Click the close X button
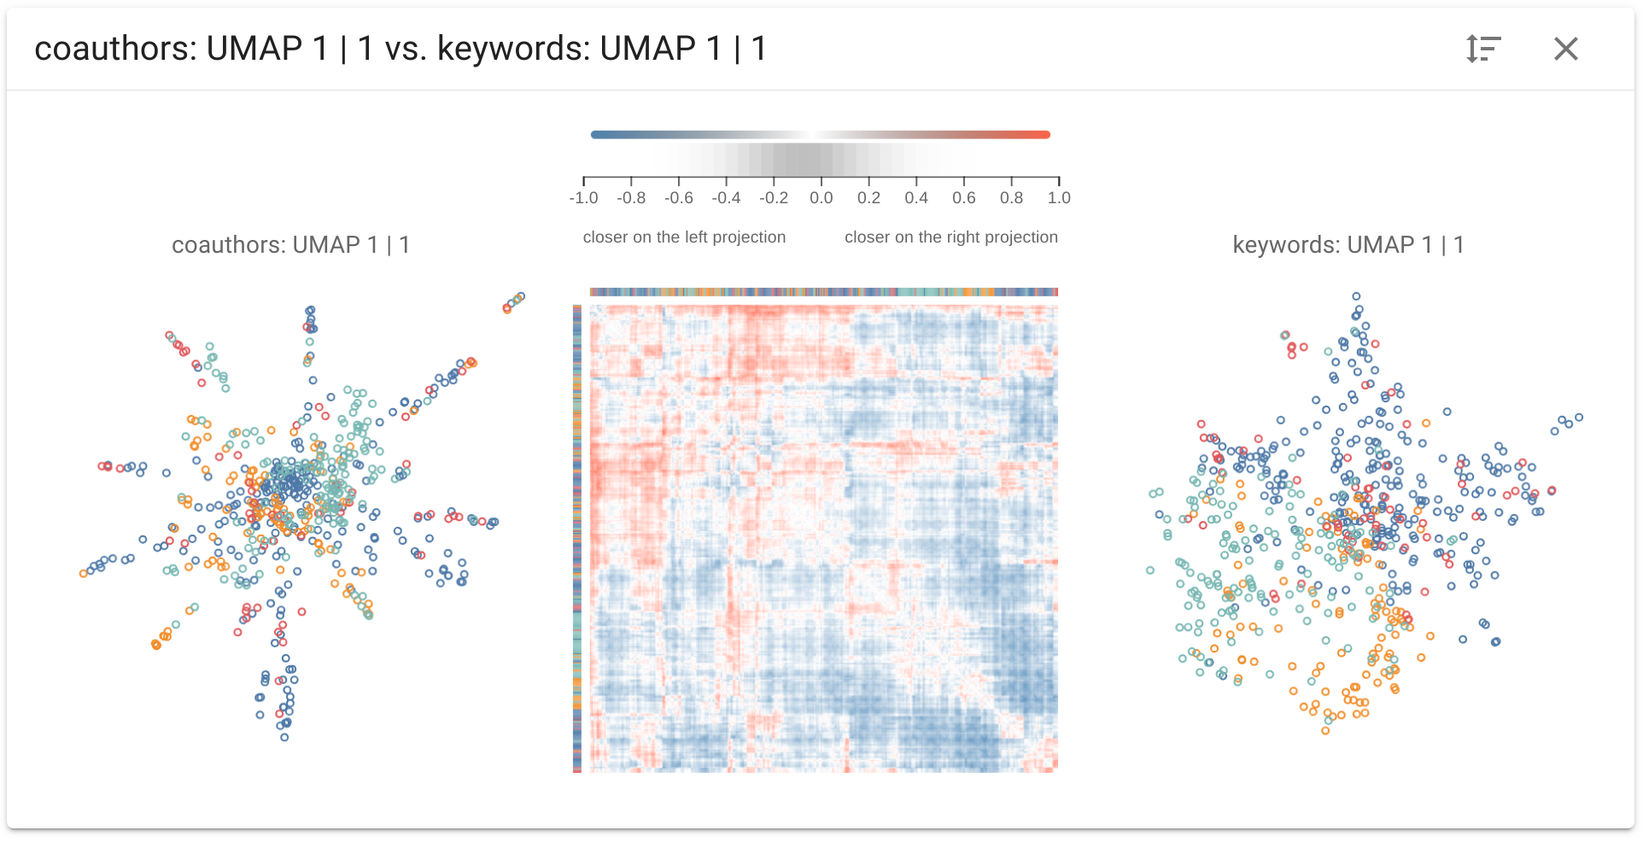[x=1566, y=49]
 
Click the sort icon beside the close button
[x=1483, y=49]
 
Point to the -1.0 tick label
[x=584, y=198]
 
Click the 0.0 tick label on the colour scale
[x=821, y=198]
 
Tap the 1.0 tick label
[x=1059, y=198]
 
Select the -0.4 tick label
[x=727, y=198]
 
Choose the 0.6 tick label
[x=964, y=198]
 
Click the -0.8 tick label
[x=631, y=198]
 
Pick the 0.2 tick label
[x=869, y=198]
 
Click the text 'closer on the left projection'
[x=684, y=237]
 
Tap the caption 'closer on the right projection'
[x=951, y=237]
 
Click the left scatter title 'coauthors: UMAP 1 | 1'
[x=291, y=245]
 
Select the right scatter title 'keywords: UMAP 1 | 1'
[x=1348, y=245]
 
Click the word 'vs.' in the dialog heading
[x=406, y=49]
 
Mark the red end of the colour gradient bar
[x=1047, y=134]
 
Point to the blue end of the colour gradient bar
[x=594, y=134]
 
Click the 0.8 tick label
[x=1012, y=198]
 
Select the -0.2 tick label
[x=774, y=198]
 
